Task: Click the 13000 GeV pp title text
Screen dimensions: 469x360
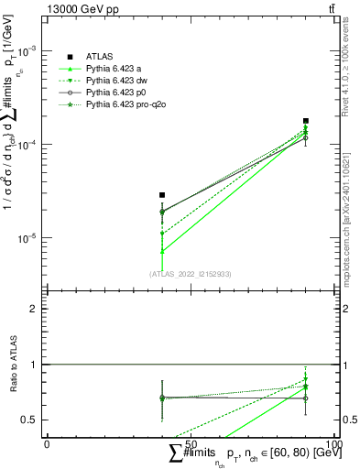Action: (84, 8)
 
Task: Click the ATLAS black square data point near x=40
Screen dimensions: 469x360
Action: (162, 195)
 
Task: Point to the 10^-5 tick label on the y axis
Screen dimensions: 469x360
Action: (29, 238)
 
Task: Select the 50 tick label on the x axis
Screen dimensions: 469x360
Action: (191, 443)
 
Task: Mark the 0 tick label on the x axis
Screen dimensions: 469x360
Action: (47, 443)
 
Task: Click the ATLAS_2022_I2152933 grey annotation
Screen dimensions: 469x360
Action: (191, 274)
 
